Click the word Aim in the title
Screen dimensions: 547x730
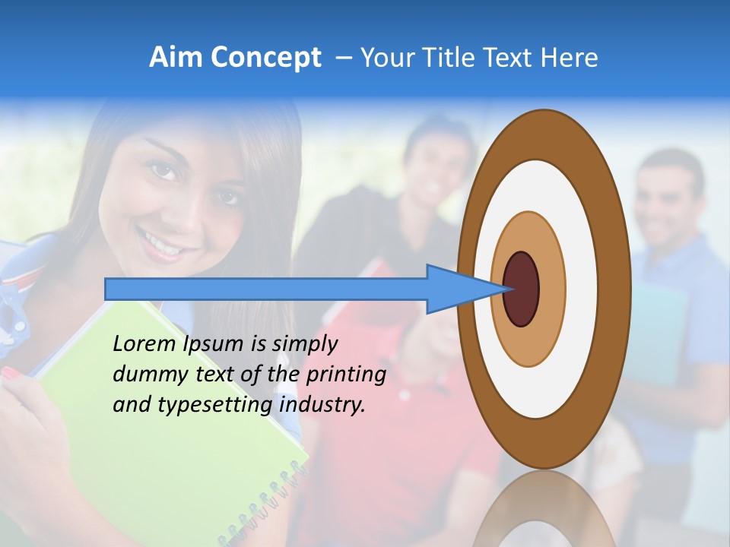coord(176,58)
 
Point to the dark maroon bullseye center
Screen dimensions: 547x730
coord(521,289)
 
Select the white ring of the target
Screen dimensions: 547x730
coord(581,289)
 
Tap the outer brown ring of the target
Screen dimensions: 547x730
coord(614,289)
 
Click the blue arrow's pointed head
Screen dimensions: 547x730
coord(464,289)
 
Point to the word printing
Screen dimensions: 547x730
coord(345,375)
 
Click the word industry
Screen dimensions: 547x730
coord(322,405)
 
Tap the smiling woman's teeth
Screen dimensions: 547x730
coord(162,242)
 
